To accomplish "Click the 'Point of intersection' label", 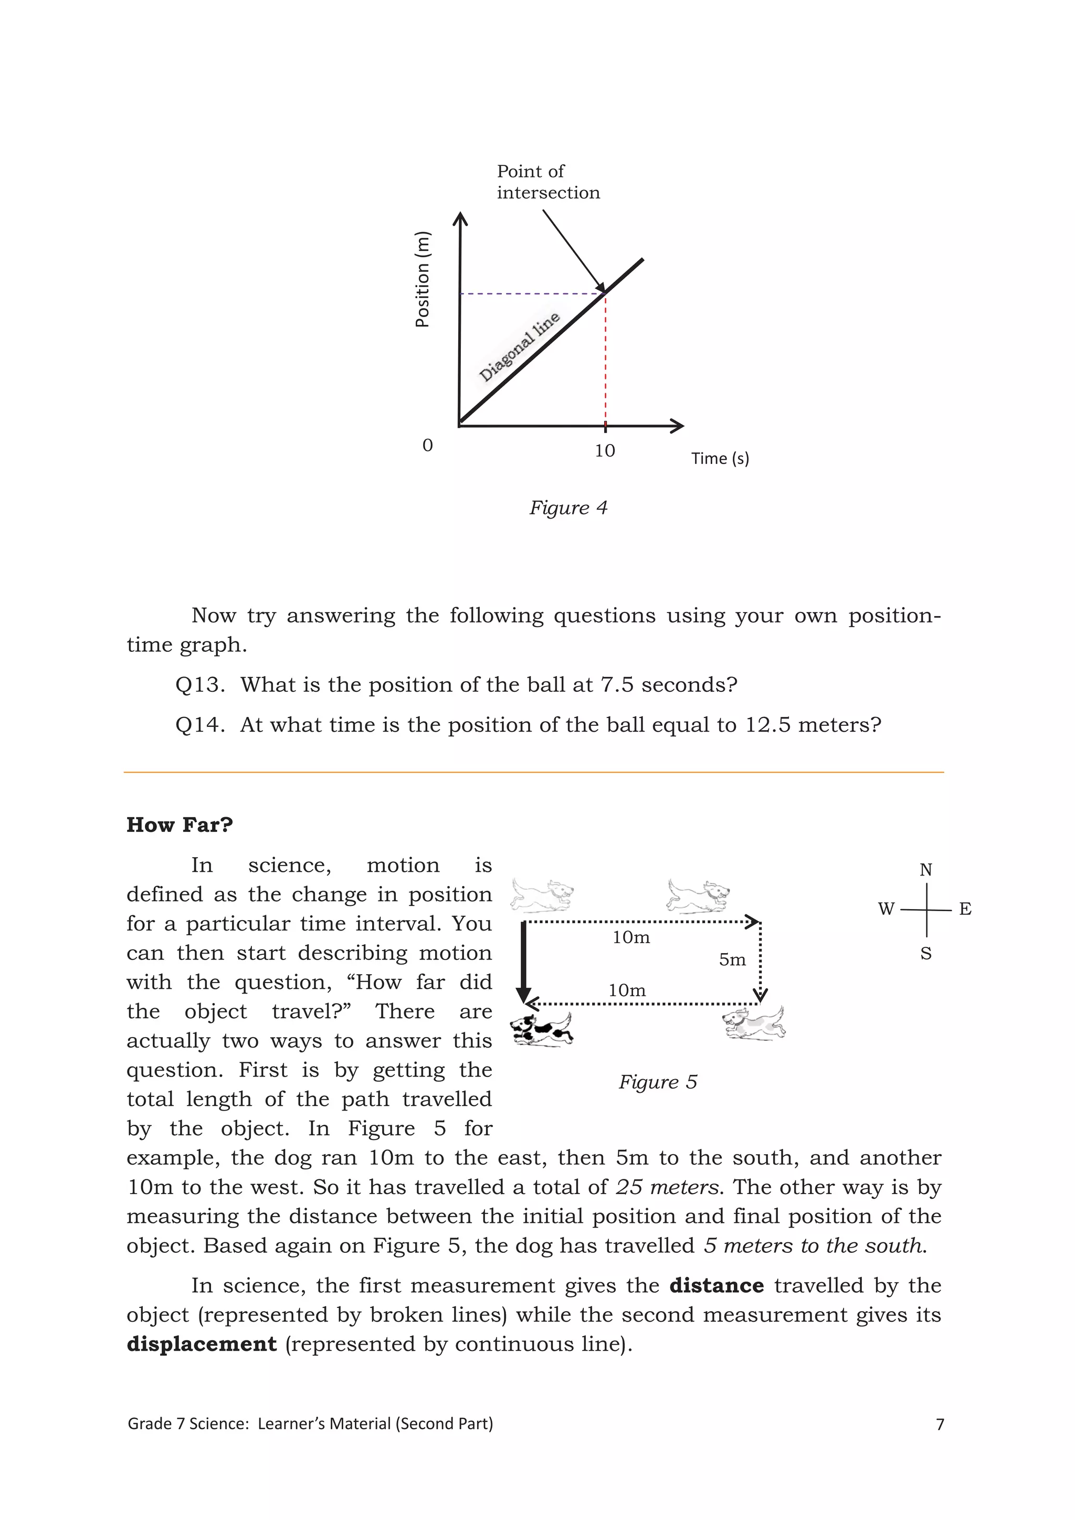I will [x=548, y=182].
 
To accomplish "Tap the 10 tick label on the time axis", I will [x=604, y=451].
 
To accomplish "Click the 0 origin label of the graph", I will [x=428, y=446].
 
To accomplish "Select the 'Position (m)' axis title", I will [x=423, y=279].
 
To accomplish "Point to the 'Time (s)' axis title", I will [x=720, y=458].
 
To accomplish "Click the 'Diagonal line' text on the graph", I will [x=520, y=347].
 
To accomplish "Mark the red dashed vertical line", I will [x=605, y=371].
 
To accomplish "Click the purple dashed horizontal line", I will [x=530, y=293].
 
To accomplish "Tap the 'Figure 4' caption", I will [x=568, y=508].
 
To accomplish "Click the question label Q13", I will [x=200, y=684].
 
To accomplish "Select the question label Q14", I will [x=200, y=725].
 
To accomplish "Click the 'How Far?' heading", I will [x=180, y=825].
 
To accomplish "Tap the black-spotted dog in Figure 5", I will [x=542, y=1029].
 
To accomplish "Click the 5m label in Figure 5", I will [x=732, y=959].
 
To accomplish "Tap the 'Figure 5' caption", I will [x=657, y=1082].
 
